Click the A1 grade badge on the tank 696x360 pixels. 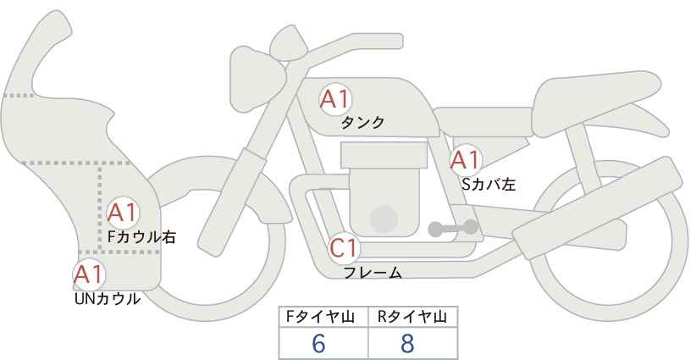334,99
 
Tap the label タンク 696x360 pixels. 362,123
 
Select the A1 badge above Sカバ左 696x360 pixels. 465,159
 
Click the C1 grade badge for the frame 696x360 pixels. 345,249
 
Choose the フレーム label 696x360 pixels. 373,273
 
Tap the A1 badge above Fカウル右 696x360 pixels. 124,212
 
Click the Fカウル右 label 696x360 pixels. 141,237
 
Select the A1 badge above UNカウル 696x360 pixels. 88,274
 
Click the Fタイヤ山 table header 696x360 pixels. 323,317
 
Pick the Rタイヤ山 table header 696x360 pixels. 413,317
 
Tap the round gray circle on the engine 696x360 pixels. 384,219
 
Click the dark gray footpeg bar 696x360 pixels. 454,228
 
